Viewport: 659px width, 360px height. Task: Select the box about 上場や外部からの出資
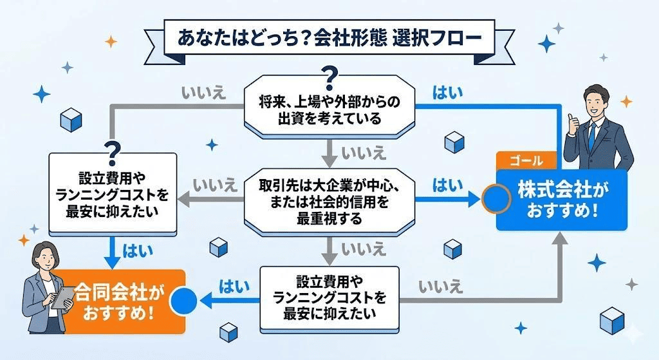[329, 109]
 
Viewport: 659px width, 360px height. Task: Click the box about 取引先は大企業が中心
[329, 202]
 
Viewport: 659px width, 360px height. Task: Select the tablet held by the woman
[63, 298]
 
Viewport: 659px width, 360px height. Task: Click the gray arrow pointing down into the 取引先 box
[329, 156]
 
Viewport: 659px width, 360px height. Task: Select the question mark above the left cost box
[113, 150]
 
